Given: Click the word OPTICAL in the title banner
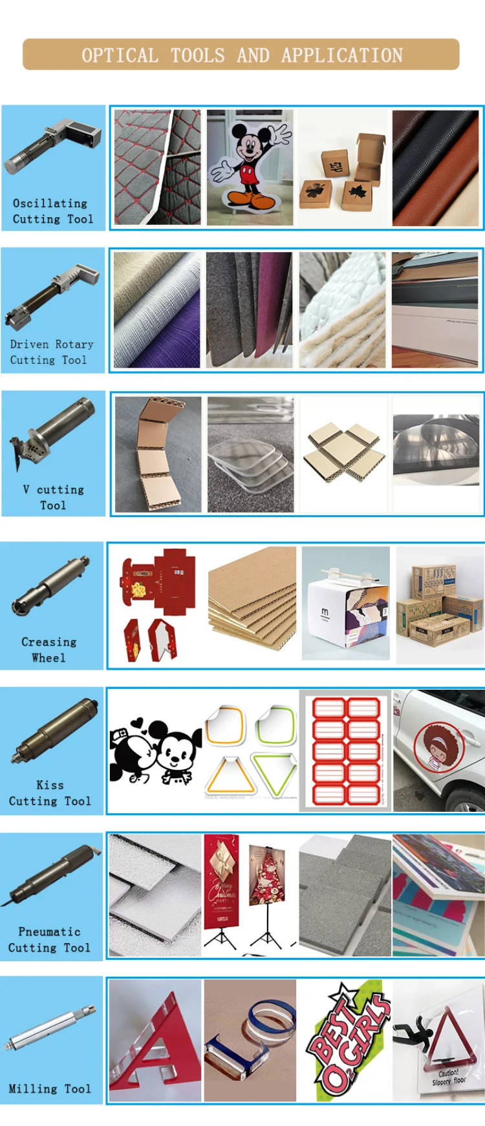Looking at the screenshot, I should click(x=120, y=56).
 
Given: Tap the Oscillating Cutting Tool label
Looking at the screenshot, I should click(x=53, y=211).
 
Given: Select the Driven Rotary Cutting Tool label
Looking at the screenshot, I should click(x=51, y=352).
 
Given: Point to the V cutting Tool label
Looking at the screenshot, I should click(x=53, y=497).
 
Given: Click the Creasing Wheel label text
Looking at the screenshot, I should click(x=48, y=650).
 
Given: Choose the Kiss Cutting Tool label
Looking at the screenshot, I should click(x=50, y=793).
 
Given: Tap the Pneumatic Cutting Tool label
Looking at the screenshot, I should click(x=49, y=939).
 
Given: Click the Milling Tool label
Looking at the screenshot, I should click(x=50, y=1089).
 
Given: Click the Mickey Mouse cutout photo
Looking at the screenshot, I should click(x=249, y=167).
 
